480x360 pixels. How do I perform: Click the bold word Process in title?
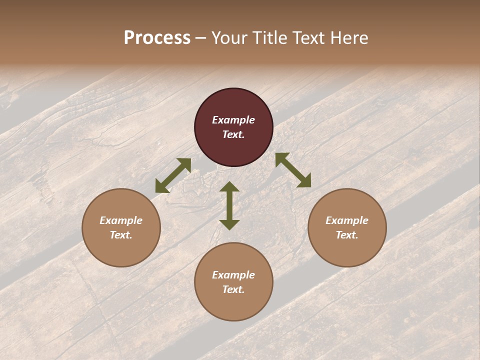(157, 38)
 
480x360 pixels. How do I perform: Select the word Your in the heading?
(229, 38)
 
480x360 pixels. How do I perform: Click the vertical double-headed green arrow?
(229, 205)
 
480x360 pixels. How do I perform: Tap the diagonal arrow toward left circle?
(173, 175)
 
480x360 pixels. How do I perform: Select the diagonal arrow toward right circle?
(293, 170)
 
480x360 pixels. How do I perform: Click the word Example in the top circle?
(233, 120)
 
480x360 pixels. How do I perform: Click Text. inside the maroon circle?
(233, 134)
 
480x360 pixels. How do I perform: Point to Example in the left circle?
(121, 220)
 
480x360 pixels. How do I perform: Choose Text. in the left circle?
(121, 235)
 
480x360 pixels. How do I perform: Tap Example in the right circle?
(347, 220)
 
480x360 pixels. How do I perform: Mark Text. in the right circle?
(347, 235)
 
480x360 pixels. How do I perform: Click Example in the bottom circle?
(233, 275)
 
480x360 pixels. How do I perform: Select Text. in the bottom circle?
(233, 289)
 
